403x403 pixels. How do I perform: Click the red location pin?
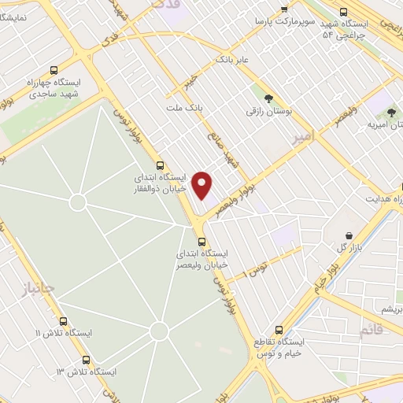203,185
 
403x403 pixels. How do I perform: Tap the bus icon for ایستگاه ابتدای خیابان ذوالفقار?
161,166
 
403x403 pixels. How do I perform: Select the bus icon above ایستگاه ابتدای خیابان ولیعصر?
202,242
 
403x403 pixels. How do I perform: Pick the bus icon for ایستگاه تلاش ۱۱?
63,321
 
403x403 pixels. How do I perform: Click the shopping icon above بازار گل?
349,235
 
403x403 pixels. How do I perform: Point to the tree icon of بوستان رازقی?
269,99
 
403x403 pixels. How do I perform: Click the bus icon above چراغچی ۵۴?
342,11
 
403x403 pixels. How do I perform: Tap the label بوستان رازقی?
268,113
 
